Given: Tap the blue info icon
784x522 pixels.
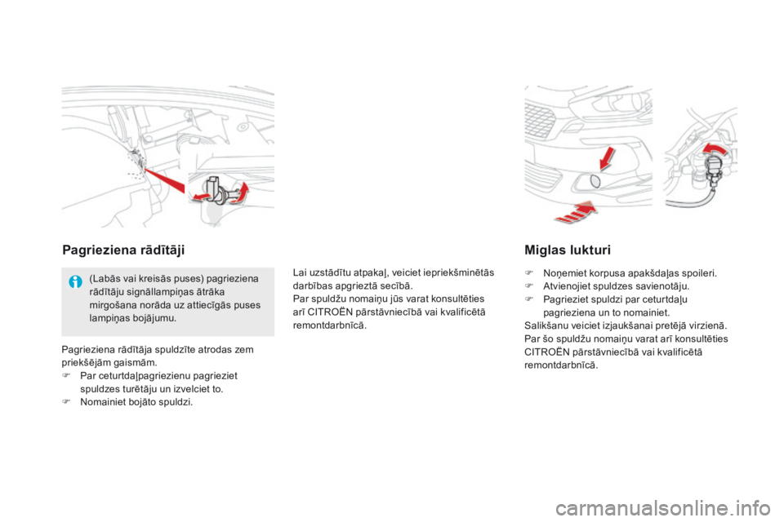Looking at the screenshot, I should click(75, 285).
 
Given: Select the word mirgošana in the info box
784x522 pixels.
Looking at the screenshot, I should click(111, 305).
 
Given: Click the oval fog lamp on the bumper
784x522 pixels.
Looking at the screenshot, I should click(594, 181).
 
